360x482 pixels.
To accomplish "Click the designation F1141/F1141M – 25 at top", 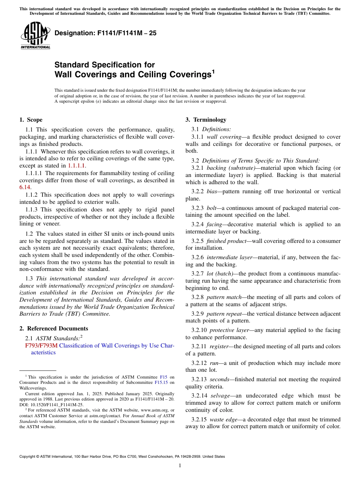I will point(105,33).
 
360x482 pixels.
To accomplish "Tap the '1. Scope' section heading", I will point(31,120).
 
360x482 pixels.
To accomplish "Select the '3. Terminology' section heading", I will point(206,120).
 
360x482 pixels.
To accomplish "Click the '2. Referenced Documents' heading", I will point(54,329).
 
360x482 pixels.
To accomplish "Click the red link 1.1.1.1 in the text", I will point(77,166).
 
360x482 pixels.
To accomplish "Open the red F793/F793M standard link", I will point(41,346).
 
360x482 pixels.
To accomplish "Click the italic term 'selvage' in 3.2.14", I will point(220,396).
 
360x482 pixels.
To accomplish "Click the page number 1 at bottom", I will point(180,465).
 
